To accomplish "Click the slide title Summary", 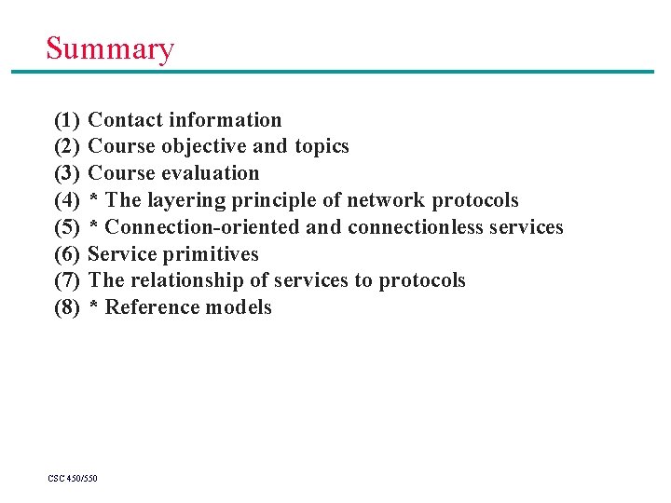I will click(x=110, y=48).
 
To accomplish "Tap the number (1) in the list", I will click(x=67, y=120).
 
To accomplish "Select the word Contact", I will click(x=124, y=120).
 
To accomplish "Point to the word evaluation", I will click(x=211, y=173).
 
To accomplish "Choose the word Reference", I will click(x=147, y=307).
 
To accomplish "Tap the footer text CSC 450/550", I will click(x=73, y=479).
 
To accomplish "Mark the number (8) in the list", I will click(x=67, y=307).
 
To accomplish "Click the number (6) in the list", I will click(x=67, y=254).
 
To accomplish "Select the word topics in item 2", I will click(x=321, y=147).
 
